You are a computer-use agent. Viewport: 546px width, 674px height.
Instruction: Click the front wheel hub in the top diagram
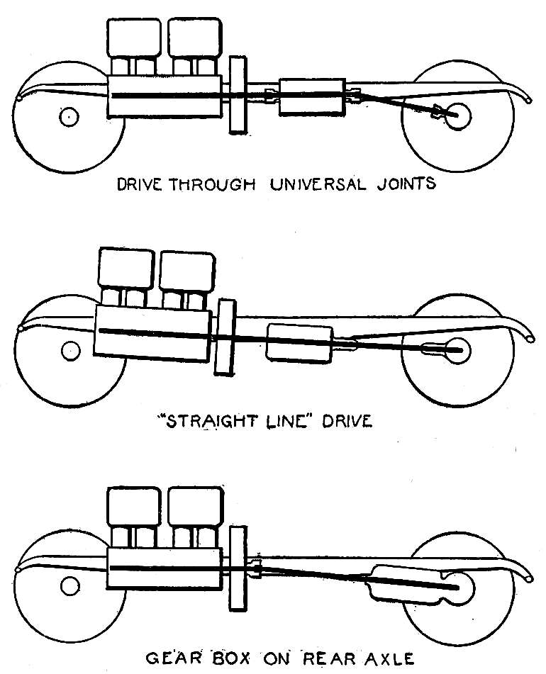(x=68, y=118)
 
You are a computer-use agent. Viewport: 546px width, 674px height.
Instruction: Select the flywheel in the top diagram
(x=238, y=96)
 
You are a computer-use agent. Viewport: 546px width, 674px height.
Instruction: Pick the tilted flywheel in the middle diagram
(x=226, y=337)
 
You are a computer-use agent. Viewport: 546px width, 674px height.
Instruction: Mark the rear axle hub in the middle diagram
(x=457, y=349)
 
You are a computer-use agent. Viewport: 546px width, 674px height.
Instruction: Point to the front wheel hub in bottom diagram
(x=69, y=585)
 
